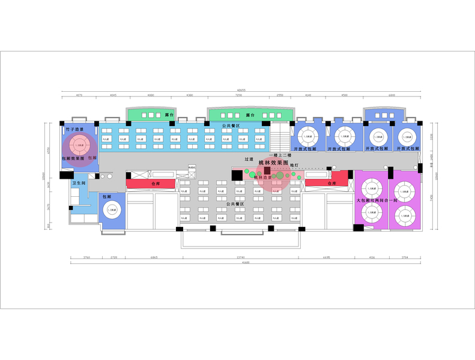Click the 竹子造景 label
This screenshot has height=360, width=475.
point(75,129)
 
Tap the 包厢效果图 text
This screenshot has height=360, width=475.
point(73,158)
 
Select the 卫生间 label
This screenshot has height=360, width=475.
point(79,182)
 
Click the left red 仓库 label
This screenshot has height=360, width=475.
point(156,183)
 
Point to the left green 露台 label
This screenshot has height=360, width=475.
point(169,114)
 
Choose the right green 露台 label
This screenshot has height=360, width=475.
point(251,114)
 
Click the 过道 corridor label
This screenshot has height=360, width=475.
point(249,159)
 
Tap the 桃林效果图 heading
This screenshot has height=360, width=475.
point(273,163)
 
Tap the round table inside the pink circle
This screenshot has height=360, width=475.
point(79,144)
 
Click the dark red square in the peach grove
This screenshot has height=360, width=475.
point(267,170)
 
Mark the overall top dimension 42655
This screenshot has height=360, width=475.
point(241,90)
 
